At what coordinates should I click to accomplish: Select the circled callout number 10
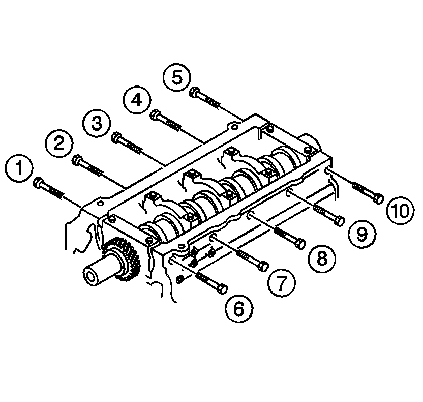click(x=399, y=211)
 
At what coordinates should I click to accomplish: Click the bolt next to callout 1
click(x=50, y=189)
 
